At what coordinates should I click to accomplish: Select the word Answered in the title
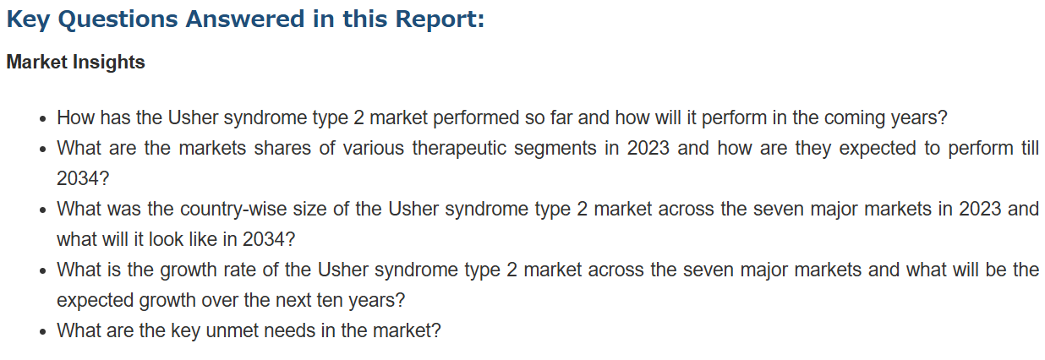(245, 19)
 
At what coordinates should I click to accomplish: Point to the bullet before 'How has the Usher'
(43, 119)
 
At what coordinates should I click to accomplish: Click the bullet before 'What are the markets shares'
(43, 150)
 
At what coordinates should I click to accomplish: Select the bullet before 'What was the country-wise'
(43, 210)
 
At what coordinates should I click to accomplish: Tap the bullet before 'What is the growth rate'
(43, 271)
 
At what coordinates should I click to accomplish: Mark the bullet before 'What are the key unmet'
(43, 331)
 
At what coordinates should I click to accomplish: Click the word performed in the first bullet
(476, 118)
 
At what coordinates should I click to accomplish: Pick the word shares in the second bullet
(282, 148)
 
